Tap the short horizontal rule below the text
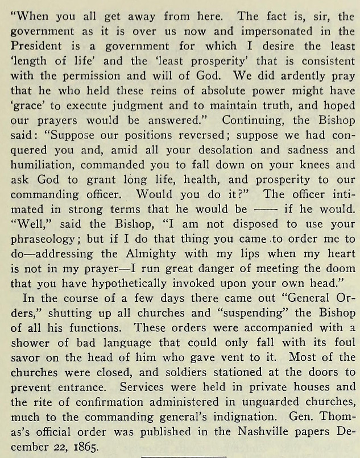coord(184,455)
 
